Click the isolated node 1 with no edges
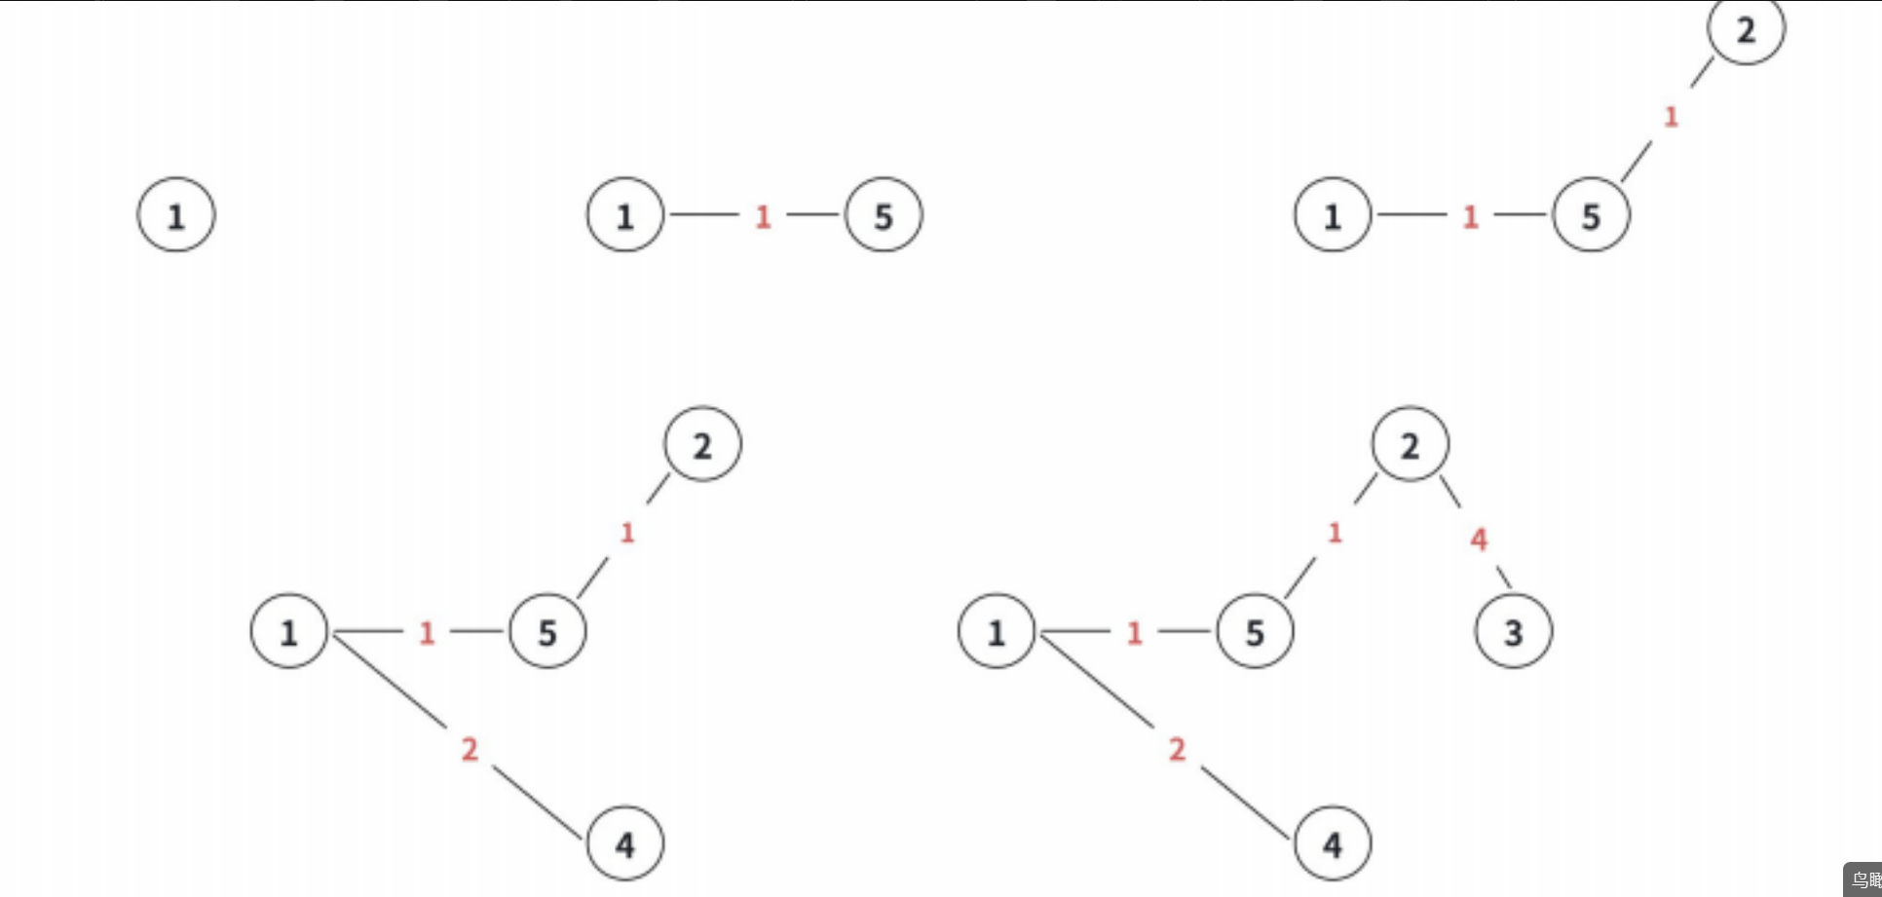[x=176, y=215]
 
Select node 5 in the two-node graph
[x=884, y=215]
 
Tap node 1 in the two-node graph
[x=625, y=215]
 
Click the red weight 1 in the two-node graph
[x=763, y=216]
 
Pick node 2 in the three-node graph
[x=1746, y=29]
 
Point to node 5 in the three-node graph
[x=1591, y=215]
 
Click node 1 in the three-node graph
[x=1333, y=215]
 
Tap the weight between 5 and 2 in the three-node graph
[x=1671, y=117]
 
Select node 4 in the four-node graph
[x=625, y=843]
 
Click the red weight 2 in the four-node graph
[x=470, y=749]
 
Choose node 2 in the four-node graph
[x=702, y=445]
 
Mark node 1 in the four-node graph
[x=289, y=632]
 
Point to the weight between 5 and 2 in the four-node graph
[x=627, y=533]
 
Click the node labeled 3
[x=1514, y=632]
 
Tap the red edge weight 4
[x=1479, y=539]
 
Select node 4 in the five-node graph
[x=1333, y=843]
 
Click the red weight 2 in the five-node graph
[x=1177, y=749]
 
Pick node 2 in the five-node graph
[x=1410, y=445]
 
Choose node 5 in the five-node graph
[x=1255, y=632]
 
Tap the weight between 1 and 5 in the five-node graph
[x=1134, y=633]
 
